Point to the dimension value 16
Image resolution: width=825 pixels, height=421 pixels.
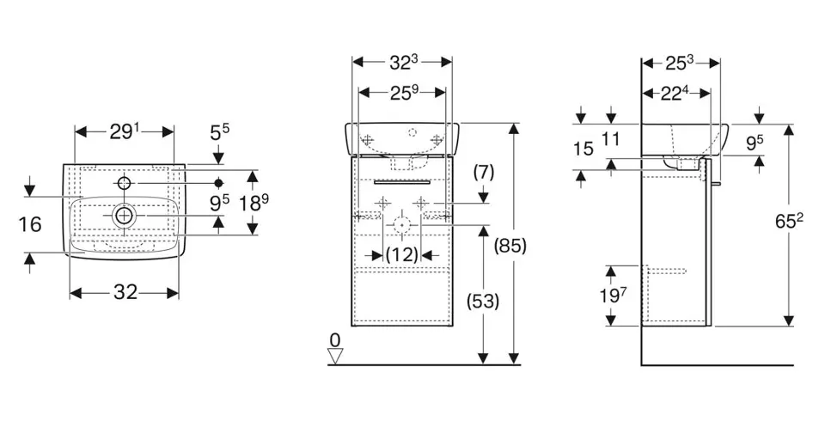click(x=29, y=225)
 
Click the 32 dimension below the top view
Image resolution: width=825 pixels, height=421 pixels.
click(x=125, y=292)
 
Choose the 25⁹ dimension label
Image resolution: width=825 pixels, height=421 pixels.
click(x=402, y=90)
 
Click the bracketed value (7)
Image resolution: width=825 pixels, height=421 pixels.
click(x=484, y=172)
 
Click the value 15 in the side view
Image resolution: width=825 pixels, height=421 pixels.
click(x=583, y=149)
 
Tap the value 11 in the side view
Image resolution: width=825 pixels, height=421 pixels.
click(x=611, y=137)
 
